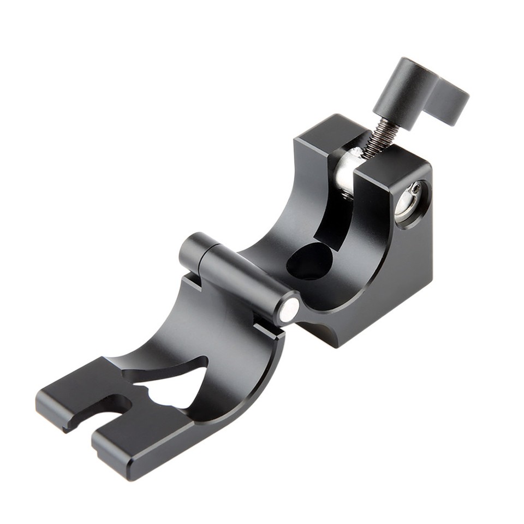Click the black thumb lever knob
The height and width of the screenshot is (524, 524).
(x=420, y=90)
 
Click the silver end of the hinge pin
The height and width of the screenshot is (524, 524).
(x=287, y=309)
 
